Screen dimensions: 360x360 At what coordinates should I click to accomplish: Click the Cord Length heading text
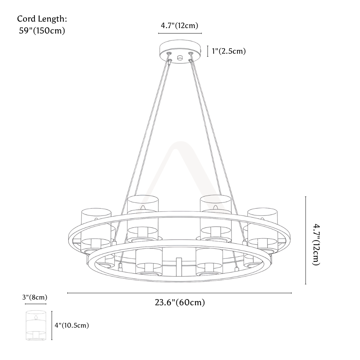42,19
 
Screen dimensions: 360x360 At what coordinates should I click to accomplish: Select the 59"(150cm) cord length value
42,31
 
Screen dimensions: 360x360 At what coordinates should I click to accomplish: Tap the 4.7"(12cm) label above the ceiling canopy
179,26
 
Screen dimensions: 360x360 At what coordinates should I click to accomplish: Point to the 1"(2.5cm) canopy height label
229,51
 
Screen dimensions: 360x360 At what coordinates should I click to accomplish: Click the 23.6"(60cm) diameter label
180,302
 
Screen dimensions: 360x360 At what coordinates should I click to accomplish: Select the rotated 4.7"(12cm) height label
316,245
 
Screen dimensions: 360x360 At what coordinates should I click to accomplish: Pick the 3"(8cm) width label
35,297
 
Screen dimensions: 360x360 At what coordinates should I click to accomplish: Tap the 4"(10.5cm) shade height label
72,325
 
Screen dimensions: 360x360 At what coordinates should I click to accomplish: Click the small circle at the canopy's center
180,58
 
